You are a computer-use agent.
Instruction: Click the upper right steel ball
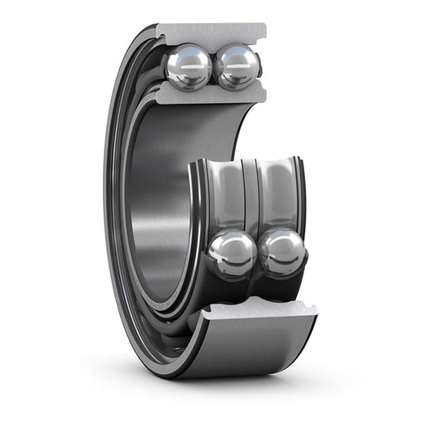237,66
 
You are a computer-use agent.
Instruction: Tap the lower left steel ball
232,254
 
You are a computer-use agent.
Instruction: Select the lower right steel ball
282,251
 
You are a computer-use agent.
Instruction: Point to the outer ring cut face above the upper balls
211,33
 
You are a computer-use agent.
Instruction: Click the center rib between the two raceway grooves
251,192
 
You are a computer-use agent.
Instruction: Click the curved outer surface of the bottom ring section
245,347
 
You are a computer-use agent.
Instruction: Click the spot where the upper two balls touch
212,67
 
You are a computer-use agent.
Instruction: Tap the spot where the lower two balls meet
258,253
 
